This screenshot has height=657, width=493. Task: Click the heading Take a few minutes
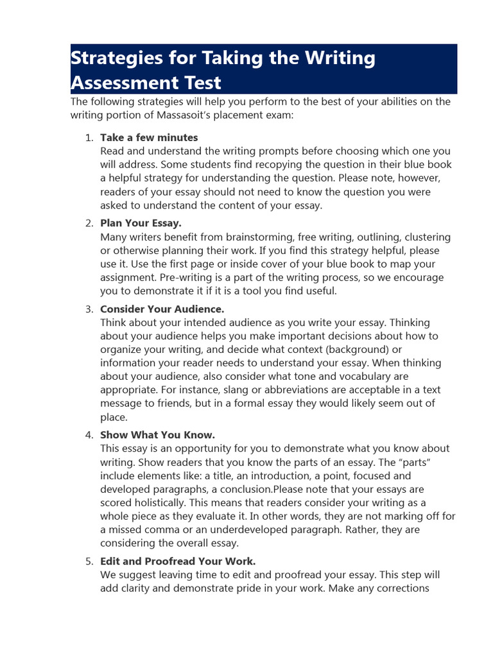click(149, 137)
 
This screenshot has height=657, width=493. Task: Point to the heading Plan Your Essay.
click(141, 223)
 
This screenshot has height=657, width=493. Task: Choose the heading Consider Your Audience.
click(162, 309)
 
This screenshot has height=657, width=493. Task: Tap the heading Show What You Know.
click(157, 434)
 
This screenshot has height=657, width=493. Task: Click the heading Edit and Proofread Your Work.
click(178, 561)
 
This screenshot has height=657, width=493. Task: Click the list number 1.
click(89, 137)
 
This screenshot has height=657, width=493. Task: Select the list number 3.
click(89, 309)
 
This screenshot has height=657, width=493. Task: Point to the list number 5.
click(89, 561)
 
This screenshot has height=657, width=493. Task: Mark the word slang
click(244, 390)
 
